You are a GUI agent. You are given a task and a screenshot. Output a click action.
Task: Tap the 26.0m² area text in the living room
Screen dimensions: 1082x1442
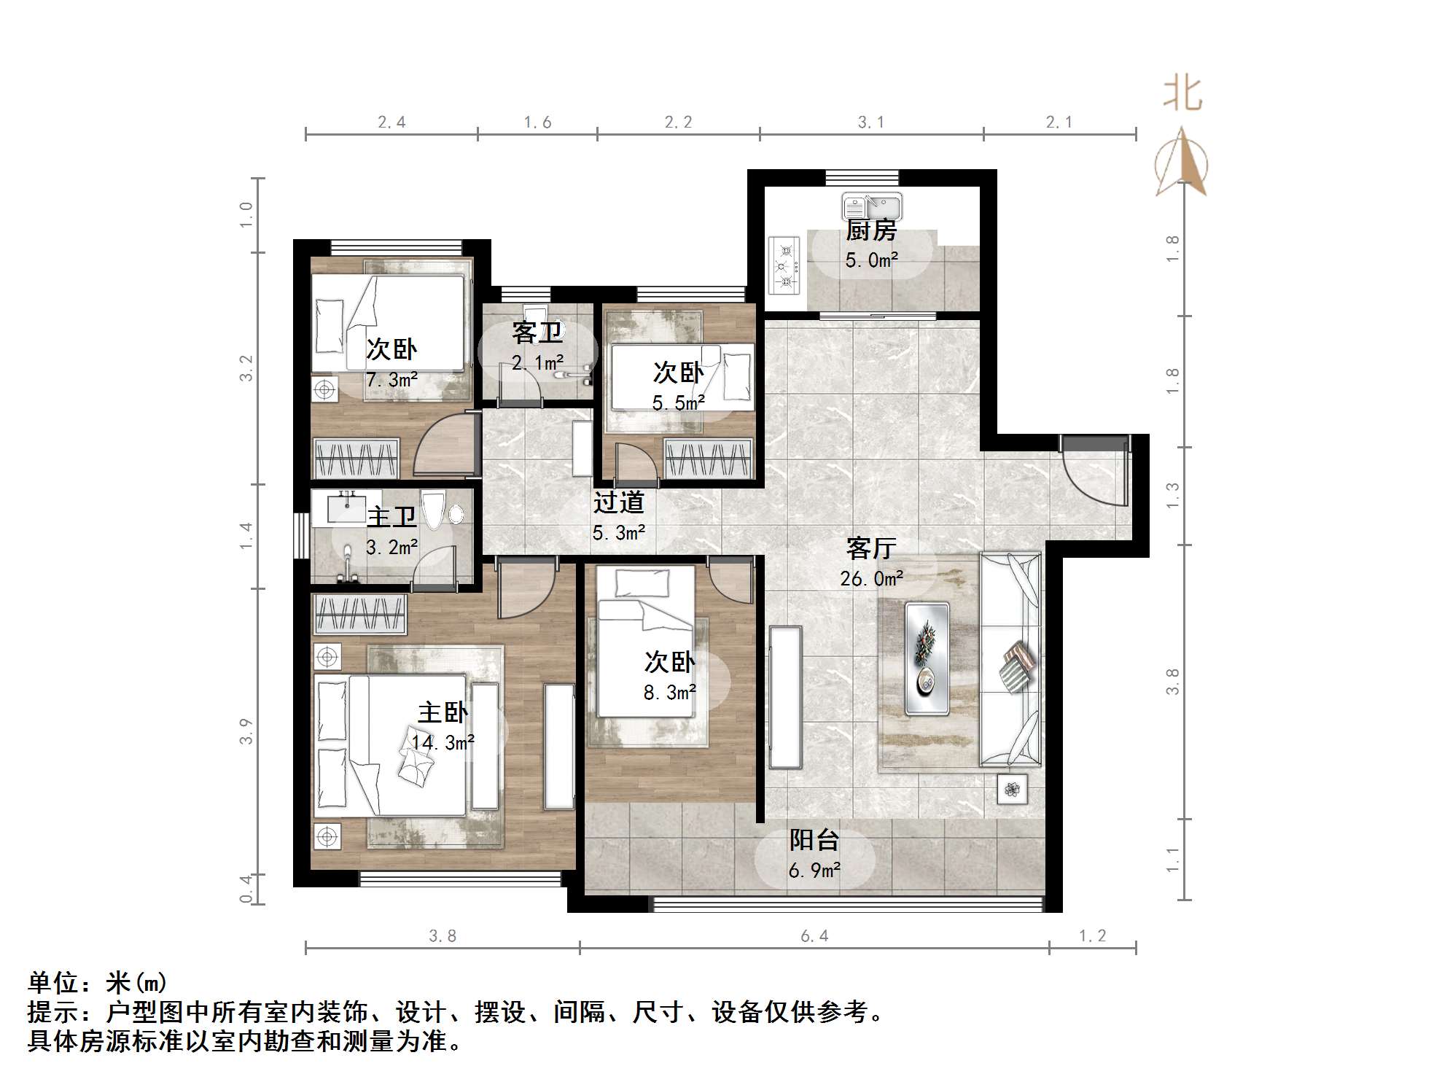tap(871, 579)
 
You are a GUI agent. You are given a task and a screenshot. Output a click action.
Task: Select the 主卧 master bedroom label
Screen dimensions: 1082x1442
tap(443, 712)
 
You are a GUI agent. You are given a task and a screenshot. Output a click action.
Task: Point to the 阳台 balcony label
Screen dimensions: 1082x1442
tap(814, 840)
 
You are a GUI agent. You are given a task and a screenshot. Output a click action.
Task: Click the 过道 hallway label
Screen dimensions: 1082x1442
tap(618, 502)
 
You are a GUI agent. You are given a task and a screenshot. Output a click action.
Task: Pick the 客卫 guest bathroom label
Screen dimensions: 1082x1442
tap(537, 332)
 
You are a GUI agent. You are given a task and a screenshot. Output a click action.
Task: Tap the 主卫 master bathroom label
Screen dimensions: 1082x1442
tap(391, 517)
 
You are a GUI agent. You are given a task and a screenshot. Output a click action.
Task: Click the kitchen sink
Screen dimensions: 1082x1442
tap(872, 206)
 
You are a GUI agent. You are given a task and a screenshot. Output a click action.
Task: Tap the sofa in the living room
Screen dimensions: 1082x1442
tap(1010, 659)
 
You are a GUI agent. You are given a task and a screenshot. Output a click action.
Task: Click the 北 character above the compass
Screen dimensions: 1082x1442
tap(1182, 95)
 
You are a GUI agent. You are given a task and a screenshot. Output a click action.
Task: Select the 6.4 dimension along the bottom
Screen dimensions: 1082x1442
tap(814, 936)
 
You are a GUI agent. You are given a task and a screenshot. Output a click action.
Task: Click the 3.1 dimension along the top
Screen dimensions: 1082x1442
tap(870, 122)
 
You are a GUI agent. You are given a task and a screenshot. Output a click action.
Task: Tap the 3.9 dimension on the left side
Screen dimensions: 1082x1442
tap(246, 731)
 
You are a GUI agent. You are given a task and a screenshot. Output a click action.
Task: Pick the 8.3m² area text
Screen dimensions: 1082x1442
tap(669, 692)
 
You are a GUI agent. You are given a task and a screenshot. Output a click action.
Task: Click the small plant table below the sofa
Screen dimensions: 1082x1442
tap(1012, 789)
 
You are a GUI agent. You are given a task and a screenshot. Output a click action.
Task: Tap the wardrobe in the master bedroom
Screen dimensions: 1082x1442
tap(359, 613)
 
